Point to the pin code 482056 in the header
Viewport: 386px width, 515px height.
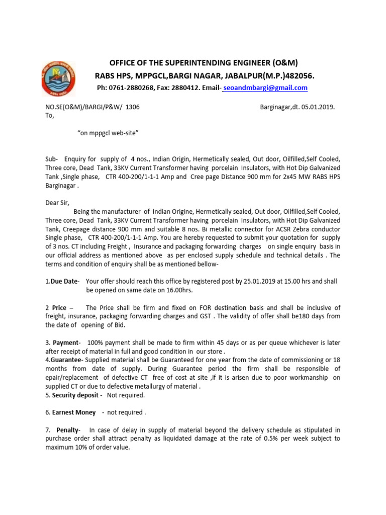coord(301,75)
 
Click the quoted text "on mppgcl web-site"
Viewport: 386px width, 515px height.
coord(108,132)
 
